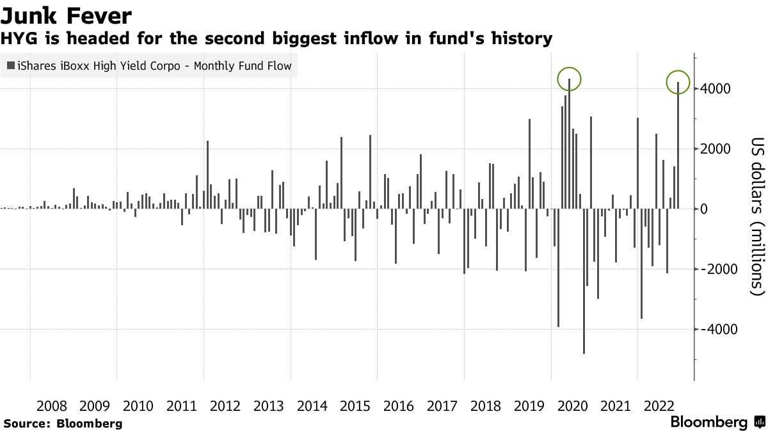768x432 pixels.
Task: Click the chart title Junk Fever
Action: [x=66, y=16]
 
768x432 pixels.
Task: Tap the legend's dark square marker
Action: [x=11, y=65]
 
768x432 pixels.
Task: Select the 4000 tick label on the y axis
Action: [x=716, y=89]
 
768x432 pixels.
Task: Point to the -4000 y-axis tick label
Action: [x=719, y=329]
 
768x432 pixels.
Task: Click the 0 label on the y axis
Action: [x=703, y=209]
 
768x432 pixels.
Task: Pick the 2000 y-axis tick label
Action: [x=716, y=148]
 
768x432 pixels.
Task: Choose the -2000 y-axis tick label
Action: [x=719, y=269]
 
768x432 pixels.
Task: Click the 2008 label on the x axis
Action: [x=51, y=406]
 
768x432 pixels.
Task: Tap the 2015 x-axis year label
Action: [x=355, y=406]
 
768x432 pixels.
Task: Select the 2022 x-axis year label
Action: [x=659, y=406]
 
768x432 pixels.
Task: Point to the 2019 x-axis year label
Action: [x=529, y=406]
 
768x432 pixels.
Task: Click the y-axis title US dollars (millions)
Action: [x=758, y=216]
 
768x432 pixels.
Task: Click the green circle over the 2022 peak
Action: [x=666, y=83]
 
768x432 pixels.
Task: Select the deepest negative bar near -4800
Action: [x=584, y=281]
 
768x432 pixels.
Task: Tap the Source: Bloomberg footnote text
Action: [x=63, y=424]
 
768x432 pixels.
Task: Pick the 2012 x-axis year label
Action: [x=225, y=406]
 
